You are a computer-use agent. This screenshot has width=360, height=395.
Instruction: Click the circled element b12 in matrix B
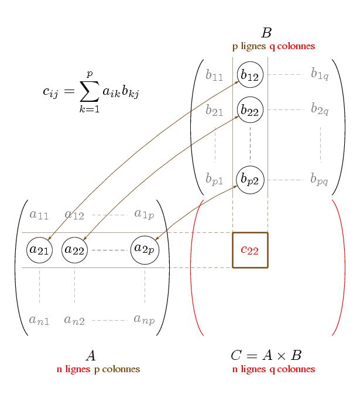pos(250,74)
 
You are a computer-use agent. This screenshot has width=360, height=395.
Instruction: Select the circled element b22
pos(250,109)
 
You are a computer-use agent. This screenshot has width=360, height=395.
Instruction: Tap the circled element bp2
pos(250,179)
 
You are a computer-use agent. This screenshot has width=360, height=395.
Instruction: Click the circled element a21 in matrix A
pos(40,250)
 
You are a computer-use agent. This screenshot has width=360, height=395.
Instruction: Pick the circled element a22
pos(74,250)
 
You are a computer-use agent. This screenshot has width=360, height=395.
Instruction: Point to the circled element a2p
pos(145,249)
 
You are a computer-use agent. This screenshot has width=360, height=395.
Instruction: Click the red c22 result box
pos(250,250)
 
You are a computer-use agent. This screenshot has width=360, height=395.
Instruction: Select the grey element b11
pos(214,75)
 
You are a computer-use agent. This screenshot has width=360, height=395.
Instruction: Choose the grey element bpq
pos(320,179)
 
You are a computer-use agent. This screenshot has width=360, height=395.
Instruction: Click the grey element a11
pos(39,215)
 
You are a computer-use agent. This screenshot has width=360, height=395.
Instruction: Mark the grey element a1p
pos(144,214)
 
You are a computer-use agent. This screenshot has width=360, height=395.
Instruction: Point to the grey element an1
pos(39,320)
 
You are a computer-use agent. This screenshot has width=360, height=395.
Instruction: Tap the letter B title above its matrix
pos(266,33)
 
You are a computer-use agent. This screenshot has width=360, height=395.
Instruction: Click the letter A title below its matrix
pos(91,355)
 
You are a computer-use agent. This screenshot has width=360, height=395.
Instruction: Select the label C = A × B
pos(266,355)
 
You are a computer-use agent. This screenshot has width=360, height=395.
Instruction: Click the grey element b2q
pos(320,109)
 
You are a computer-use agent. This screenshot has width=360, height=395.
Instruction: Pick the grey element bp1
pos(214,180)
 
